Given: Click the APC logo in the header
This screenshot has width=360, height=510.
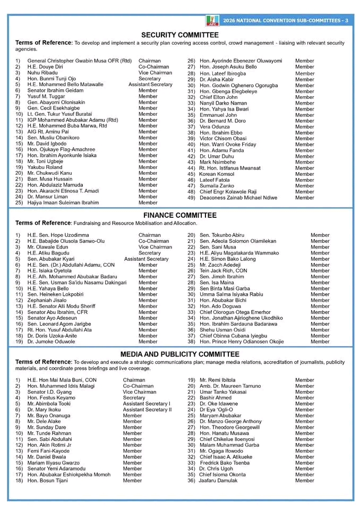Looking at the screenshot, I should (x=212, y=21).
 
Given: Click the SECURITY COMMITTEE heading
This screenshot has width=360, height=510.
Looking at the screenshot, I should (x=179, y=35).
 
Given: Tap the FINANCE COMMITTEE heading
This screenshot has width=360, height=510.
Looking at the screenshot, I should (x=179, y=215).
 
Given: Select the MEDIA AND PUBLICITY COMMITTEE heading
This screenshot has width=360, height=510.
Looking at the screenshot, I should (x=179, y=354).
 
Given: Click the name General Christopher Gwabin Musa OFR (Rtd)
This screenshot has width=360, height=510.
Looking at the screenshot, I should (x=79, y=61).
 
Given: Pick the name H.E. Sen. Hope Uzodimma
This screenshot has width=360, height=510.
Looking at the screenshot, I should (x=58, y=235).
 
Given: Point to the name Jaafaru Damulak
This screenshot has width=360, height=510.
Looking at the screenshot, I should (x=219, y=480).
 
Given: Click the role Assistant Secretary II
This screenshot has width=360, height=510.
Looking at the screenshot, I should (x=147, y=410).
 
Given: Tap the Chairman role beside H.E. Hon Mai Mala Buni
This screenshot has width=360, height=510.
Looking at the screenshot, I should (x=134, y=380).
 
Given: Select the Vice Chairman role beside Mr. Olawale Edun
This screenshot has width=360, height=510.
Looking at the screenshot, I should (x=155, y=247).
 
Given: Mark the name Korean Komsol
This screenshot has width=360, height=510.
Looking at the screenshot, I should (x=217, y=174).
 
